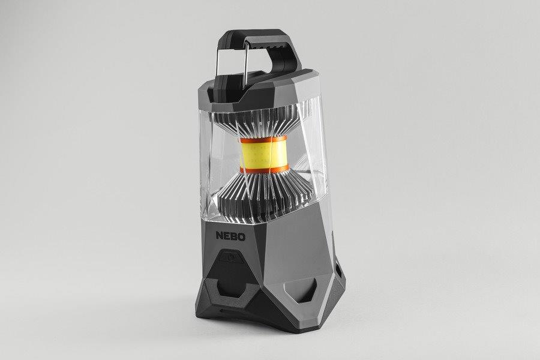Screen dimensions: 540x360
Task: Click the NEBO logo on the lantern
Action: point(231,236)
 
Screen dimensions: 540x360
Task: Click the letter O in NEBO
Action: point(242,237)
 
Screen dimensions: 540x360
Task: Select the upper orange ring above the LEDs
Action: point(263,139)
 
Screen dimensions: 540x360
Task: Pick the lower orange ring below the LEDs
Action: point(265,169)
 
